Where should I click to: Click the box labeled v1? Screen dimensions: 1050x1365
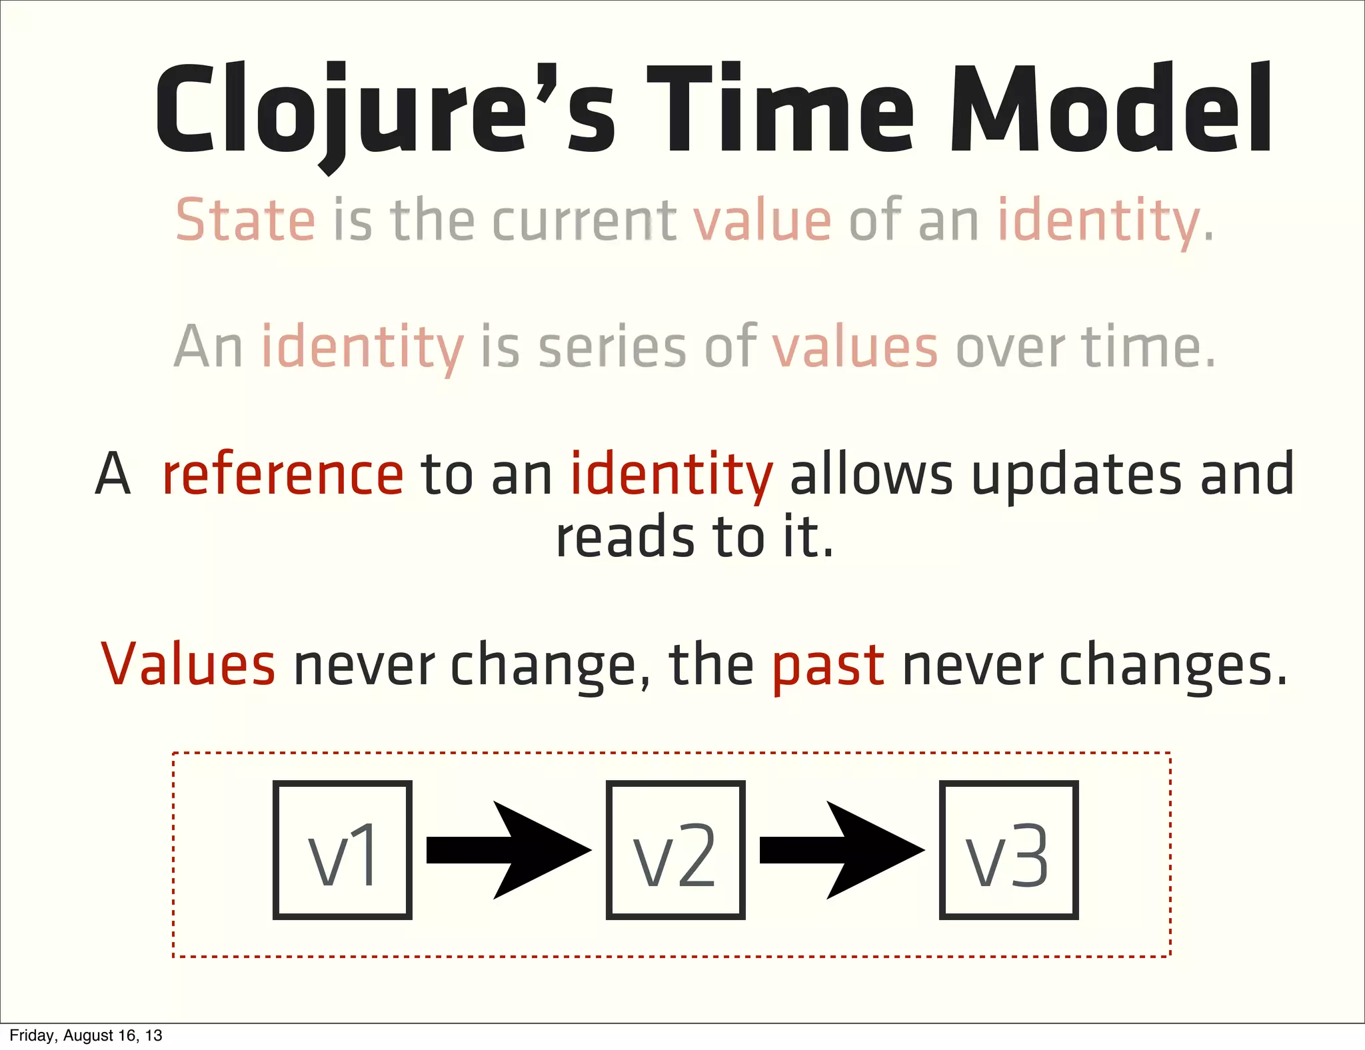(x=342, y=850)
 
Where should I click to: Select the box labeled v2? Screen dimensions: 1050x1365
(x=675, y=850)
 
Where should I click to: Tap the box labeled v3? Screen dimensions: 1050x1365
(x=1008, y=850)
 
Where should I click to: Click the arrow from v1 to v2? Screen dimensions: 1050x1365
(x=508, y=850)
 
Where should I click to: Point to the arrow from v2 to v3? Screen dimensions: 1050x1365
(x=841, y=850)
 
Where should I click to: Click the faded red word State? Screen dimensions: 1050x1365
(x=245, y=221)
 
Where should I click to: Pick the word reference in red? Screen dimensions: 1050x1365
(x=283, y=474)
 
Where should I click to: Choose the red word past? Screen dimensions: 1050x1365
(x=828, y=665)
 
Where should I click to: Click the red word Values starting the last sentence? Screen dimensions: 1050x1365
(x=188, y=665)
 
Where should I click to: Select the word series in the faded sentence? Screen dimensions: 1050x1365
(x=612, y=348)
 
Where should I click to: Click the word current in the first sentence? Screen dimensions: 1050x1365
(x=584, y=221)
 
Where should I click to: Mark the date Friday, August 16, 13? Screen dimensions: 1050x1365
(x=86, y=1035)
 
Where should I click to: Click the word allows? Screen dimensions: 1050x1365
(x=871, y=474)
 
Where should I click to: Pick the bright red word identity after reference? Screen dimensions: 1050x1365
(x=672, y=474)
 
